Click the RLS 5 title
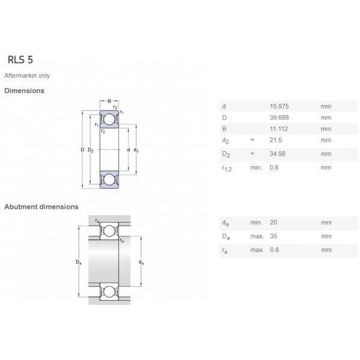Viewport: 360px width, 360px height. tap(20, 59)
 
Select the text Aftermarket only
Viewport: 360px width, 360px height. tap(27, 76)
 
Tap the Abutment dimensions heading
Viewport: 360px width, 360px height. tap(41, 206)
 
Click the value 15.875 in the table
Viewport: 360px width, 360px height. tap(279, 106)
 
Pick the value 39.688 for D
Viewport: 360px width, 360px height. tap(279, 118)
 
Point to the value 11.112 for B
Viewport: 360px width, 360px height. tap(279, 129)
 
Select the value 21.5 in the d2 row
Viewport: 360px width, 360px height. tap(276, 140)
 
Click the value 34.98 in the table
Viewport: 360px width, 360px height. tap(278, 154)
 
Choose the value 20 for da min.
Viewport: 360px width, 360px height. tap(274, 223)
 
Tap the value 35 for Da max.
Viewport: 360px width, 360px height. tap(274, 236)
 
